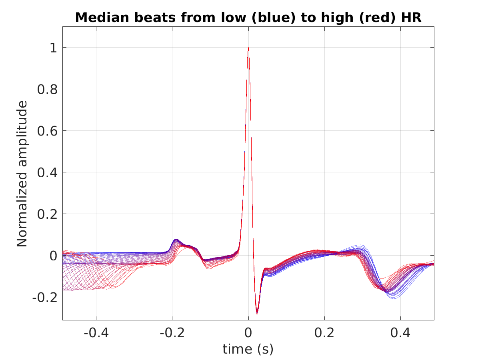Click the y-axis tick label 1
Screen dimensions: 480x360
53,48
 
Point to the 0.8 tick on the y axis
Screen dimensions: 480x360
47,89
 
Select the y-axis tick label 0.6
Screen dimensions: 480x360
47,131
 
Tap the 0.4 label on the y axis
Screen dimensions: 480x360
47,173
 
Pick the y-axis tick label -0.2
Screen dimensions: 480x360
45,298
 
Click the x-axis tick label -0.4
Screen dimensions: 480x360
96,333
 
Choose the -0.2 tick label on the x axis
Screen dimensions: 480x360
172,333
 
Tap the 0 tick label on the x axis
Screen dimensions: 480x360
248,333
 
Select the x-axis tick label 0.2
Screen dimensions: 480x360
324,333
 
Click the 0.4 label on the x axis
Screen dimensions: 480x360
400,333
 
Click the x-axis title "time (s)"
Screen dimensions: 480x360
248,349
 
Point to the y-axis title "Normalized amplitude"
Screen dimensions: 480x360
22,174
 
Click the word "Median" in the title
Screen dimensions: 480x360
102,18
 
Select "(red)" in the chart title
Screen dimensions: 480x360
378,18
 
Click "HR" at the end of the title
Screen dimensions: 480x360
411,18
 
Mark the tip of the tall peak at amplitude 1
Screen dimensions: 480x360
248,48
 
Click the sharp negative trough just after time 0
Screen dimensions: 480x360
257,314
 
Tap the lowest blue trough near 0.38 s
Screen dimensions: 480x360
394,298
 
